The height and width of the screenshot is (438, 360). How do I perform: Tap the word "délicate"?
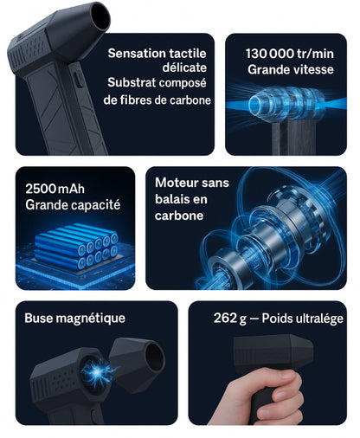coord(184,68)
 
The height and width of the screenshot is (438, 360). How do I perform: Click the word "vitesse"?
coord(312,69)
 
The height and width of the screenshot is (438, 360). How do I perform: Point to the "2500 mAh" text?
coord(55,189)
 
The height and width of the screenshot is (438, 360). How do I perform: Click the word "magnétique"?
coord(90,319)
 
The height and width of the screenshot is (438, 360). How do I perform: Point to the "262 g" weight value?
coord(230,319)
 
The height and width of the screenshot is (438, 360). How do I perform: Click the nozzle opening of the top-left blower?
coord(101,17)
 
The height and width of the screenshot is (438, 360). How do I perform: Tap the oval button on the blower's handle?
coord(77,80)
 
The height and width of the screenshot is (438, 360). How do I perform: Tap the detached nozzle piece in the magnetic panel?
coord(138,364)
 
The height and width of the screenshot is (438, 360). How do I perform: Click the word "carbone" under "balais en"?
coord(179,216)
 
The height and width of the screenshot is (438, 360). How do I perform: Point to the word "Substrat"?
coord(132,82)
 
